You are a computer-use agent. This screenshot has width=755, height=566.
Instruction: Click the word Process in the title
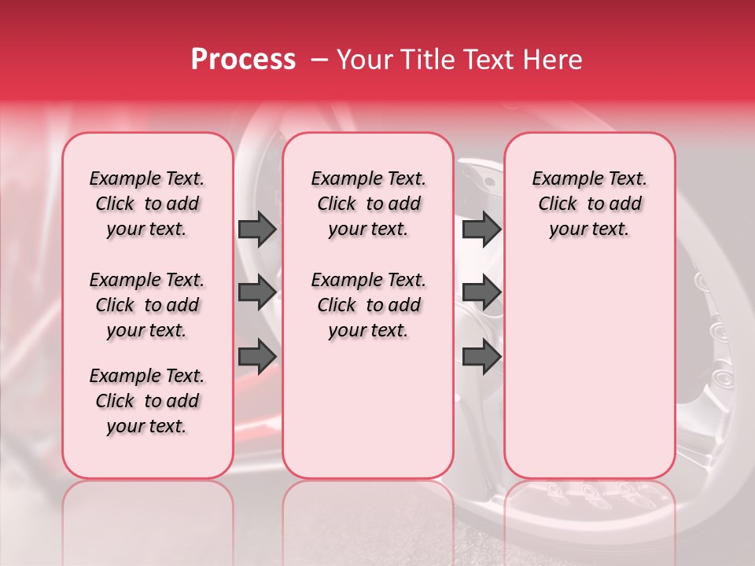point(242,60)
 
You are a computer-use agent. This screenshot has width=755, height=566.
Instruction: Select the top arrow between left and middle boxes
point(257,229)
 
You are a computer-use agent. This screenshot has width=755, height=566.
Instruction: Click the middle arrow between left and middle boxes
point(257,292)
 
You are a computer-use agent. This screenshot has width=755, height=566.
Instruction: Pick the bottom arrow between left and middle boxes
point(257,357)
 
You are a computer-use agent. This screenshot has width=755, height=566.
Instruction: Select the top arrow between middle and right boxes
point(481,229)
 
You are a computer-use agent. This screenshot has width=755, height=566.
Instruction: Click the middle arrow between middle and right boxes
point(481,292)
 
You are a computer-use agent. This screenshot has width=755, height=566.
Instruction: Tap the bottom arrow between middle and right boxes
point(481,357)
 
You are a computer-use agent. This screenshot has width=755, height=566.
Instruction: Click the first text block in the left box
point(147,204)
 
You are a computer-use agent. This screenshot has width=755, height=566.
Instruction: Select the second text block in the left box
point(147,305)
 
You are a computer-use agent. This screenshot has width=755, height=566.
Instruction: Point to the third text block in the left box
point(147,401)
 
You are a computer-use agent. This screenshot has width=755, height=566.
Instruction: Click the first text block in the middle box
point(368,204)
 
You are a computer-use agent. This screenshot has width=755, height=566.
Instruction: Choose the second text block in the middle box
point(368,305)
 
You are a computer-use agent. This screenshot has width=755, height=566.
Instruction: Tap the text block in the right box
point(589,204)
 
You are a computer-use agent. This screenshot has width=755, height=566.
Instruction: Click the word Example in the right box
point(562,179)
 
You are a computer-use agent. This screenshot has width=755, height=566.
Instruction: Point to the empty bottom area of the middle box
point(368,417)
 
